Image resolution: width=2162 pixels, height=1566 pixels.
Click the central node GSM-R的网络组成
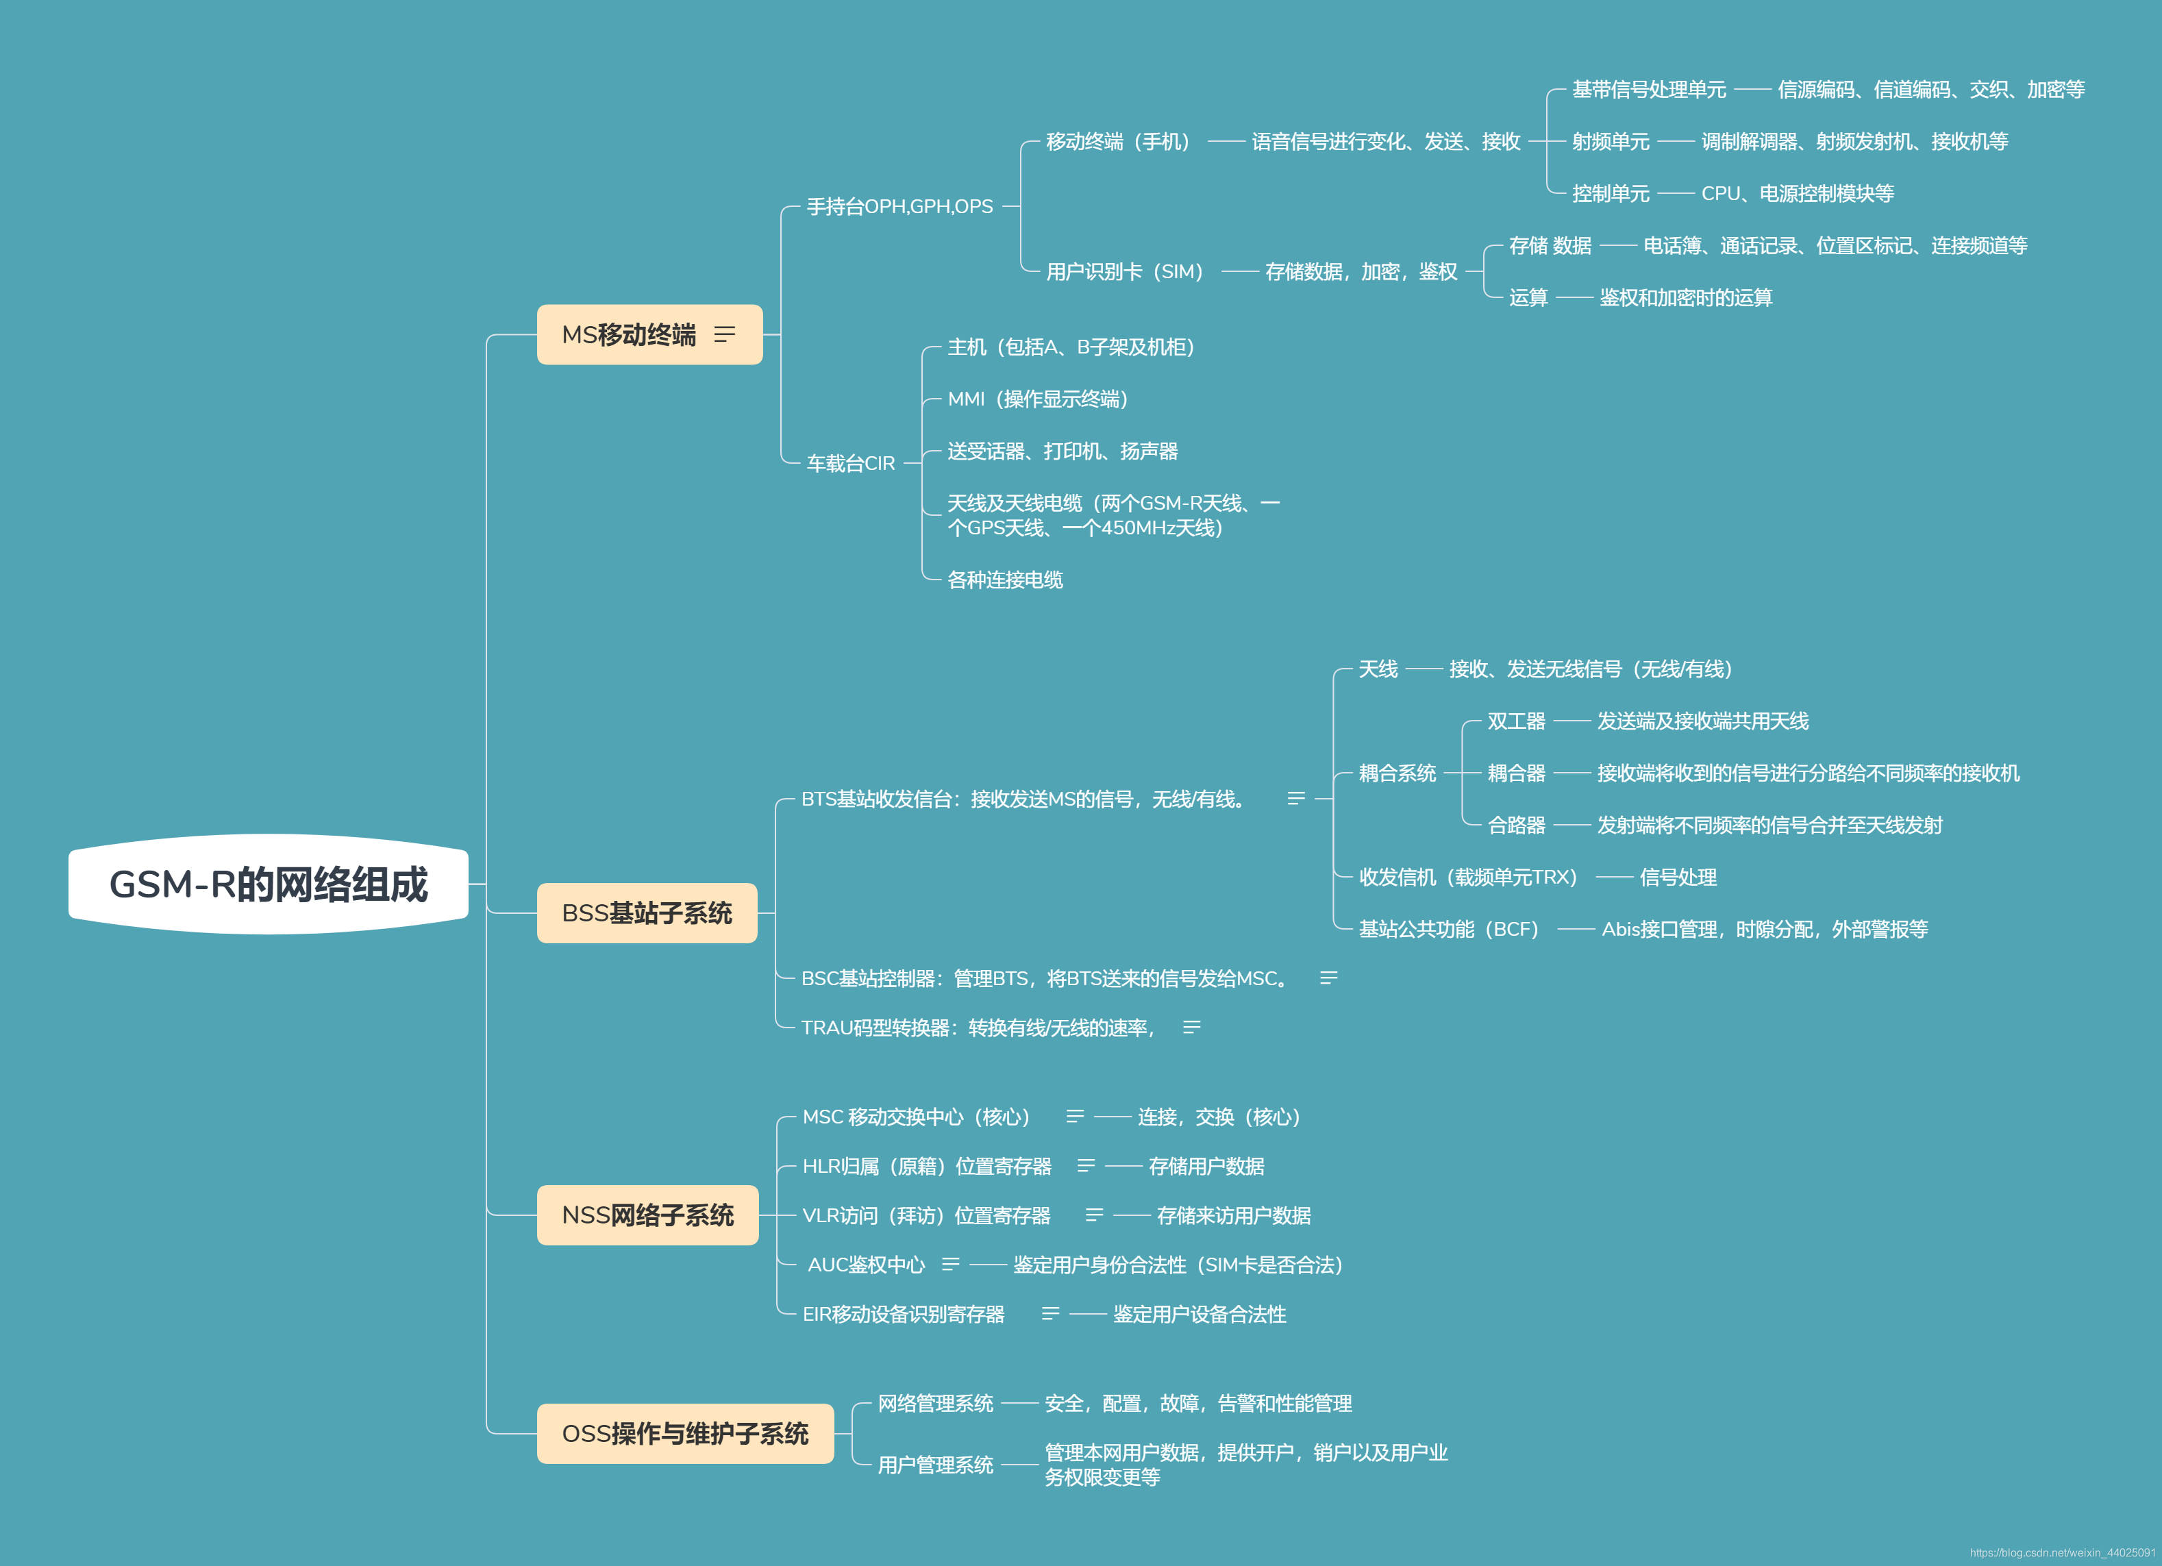[x=268, y=884]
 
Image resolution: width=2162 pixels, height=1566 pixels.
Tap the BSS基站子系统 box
[x=646, y=913]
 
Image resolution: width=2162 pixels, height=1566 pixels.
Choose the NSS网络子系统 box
[x=647, y=1215]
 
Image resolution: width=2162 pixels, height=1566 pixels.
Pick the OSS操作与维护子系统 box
[x=684, y=1434]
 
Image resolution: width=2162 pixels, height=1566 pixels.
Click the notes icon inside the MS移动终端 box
[x=725, y=334]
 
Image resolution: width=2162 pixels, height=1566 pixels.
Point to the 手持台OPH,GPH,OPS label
[x=899, y=207]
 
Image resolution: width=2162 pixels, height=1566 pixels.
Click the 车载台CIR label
[x=850, y=463]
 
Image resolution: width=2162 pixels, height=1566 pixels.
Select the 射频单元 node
[x=1610, y=142]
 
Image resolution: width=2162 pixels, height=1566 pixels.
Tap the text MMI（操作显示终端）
[x=1037, y=399]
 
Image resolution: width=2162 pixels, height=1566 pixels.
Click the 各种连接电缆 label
[x=1005, y=580]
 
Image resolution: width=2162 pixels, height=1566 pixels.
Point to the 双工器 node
[x=1516, y=721]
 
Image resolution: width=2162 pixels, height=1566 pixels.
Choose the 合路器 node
[x=1516, y=825]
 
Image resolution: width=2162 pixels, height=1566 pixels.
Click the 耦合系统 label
[x=1397, y=773]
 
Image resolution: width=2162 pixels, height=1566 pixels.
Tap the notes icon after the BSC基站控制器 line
[x=1328, y=978]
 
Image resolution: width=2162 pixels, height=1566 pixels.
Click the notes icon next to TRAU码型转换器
[x=1191, y=1028]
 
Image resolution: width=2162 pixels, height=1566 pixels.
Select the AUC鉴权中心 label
[x=866, y=1265]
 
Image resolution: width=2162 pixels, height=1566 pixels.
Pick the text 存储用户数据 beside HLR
[x=1206, y=1167]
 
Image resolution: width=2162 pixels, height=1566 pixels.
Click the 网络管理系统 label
[x=935, y=1403]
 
